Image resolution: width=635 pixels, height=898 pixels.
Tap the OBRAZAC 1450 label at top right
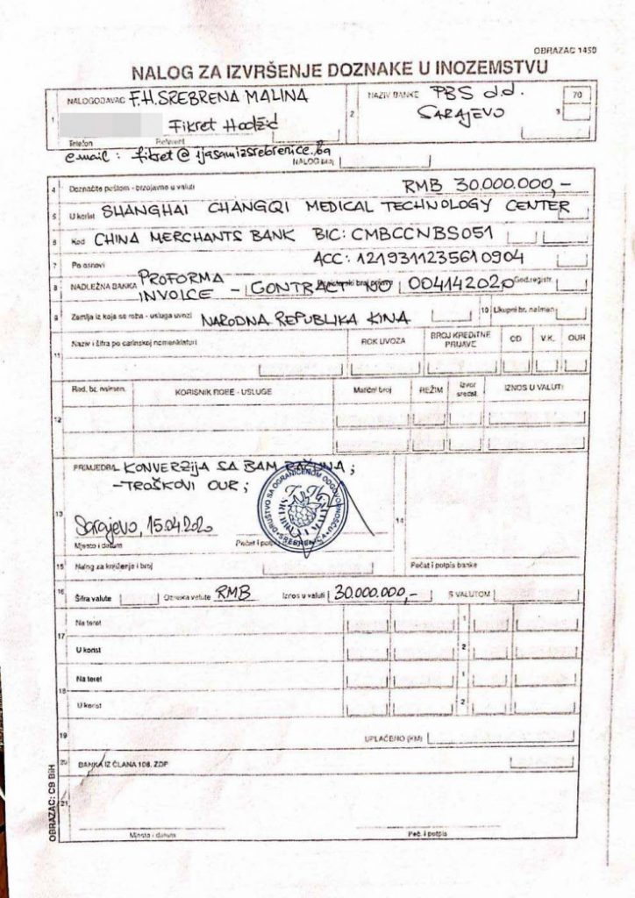tap(564, 52)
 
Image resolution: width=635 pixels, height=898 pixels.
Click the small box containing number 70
tap(575, 93)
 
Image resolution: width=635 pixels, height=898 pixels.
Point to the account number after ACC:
tap(439, 259)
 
